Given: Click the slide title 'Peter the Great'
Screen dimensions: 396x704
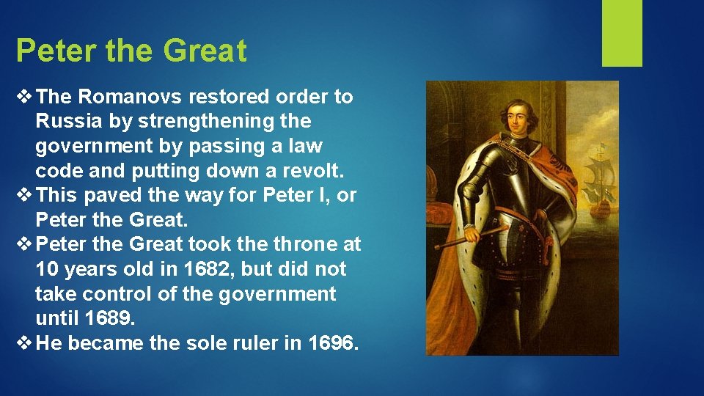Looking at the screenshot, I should pos(131,51).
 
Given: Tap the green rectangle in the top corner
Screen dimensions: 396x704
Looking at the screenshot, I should pos(621,33).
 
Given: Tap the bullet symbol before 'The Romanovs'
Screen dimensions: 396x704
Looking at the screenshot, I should pos(25,97).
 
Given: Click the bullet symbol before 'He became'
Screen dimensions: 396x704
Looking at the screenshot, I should pos(25,342).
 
